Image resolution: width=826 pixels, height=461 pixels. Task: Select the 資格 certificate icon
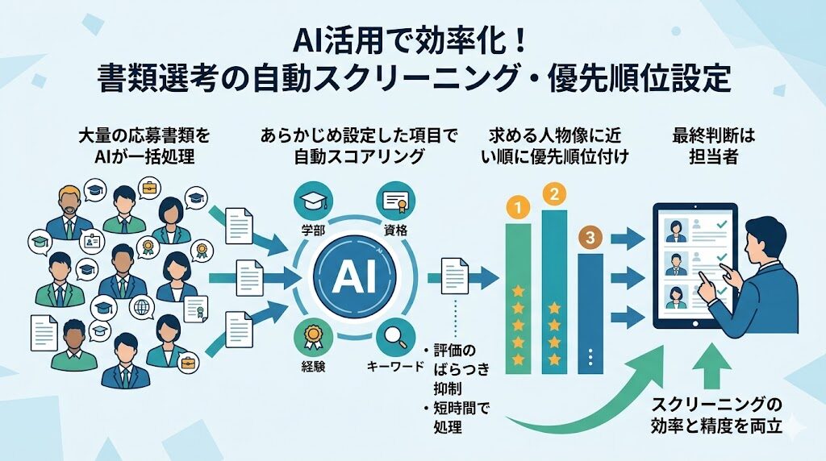tap(395, 201)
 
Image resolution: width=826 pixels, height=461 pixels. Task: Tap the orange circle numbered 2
tap(553, 193)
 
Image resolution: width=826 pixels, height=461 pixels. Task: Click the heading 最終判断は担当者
tap(701, 145)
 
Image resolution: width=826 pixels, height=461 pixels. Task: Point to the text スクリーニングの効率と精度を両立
tap(717, 416)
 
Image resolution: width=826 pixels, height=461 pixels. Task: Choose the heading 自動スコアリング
tap(358, 156)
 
